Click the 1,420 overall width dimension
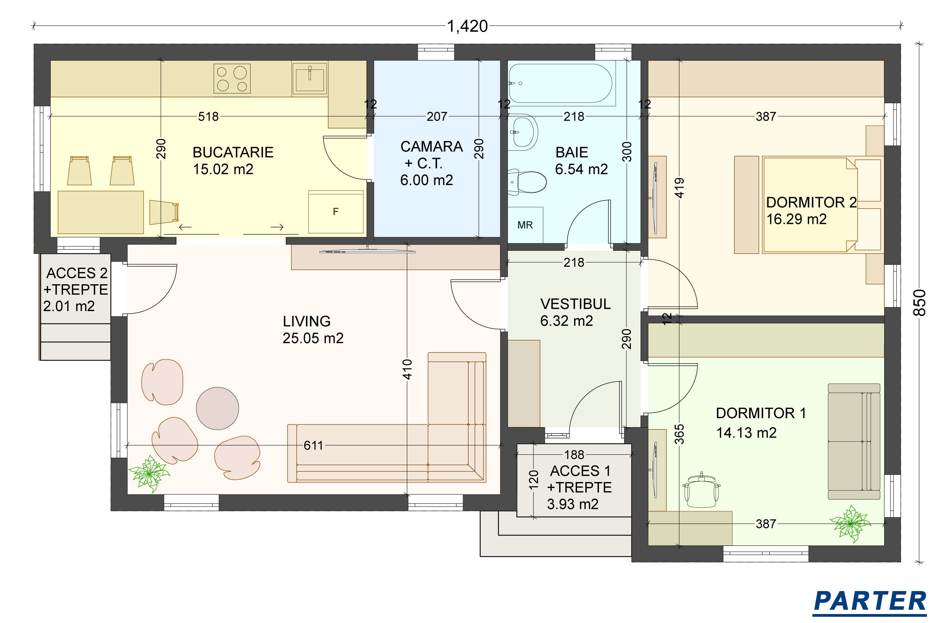(x=467, y=26)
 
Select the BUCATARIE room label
(x=233, y=152)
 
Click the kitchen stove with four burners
(x=232, y=79)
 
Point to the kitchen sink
(x=310, y=78)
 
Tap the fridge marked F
(x=336, y=212)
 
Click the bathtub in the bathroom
(x=560, y=83)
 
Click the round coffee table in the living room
(x=218, y=408)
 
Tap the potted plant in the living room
(x=149, y=473)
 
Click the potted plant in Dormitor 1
(x=850, y=523)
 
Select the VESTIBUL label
(x=576, y=304)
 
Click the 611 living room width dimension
(x=313, y=445)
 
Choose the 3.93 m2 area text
(x=572, y=504)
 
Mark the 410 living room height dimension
(x=407, y=369)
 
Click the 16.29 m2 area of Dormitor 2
(x=796, y=219)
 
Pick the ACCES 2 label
(x=77, y=273)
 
